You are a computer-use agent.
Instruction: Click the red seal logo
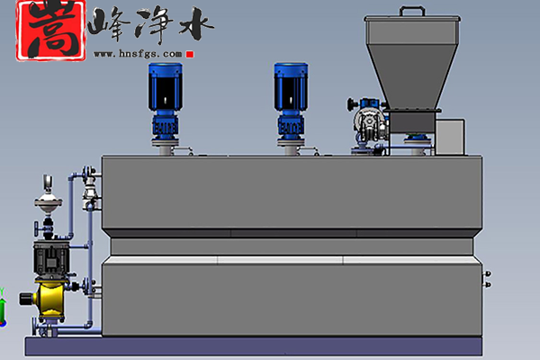(50, 31)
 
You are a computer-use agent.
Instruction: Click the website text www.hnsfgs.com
(138, 54)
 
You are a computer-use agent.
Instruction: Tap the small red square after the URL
(190, 54)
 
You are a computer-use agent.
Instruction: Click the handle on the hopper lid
(412, 11)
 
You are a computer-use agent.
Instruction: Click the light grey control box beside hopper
(450, 137)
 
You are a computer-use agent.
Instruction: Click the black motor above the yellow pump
(51, 257)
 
